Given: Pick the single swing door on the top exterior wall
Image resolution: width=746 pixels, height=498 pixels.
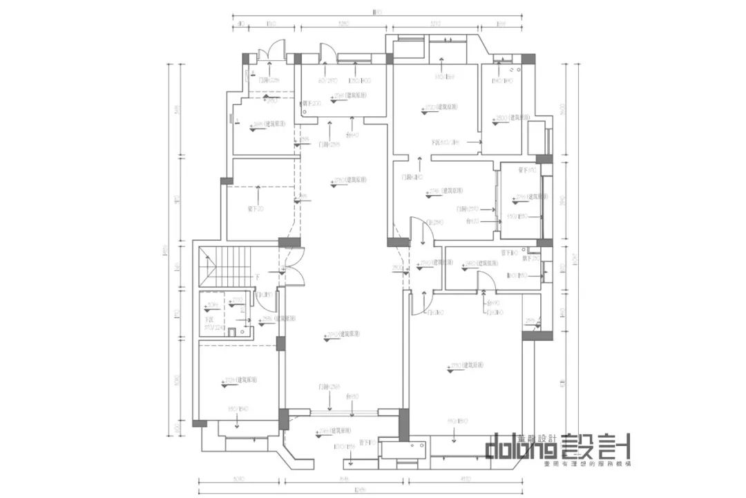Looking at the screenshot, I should (326, 52).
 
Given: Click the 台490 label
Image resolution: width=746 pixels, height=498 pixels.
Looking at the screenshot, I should (493, 303).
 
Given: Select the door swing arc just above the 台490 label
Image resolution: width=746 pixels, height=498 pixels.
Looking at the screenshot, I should (486, 281).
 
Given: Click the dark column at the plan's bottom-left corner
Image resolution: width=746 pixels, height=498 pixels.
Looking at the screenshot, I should (199, 423).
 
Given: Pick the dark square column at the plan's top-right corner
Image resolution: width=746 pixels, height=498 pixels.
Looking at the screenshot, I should (528, 59).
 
